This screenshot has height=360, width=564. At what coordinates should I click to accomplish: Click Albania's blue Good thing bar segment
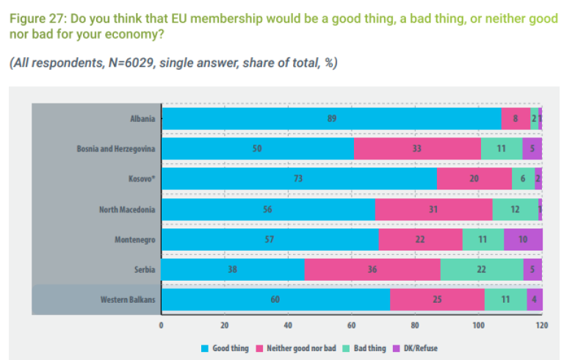pyautogui.click(x=330, y=118)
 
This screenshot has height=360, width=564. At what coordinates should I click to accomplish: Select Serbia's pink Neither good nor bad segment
pyautogui.click(x=372, y=270)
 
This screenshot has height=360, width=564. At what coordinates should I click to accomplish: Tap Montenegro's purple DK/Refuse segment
pyautogui.click(x=523, y=240)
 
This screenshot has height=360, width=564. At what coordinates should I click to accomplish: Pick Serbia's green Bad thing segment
pyautogui.click(x=482, y=270)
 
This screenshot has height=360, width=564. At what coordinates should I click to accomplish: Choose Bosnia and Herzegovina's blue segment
pyautogui.click(x=257, y=148)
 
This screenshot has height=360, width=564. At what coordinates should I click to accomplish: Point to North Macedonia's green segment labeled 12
pyautogui.click(x=515, y=209)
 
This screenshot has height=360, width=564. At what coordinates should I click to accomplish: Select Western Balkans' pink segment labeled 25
pyautogui.click(x=437, y=300)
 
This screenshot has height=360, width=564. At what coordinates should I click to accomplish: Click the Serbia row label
pyautogui.click(x=144, y=270)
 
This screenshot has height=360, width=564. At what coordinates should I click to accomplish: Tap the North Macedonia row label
pyautogui.click(x=127, y=209)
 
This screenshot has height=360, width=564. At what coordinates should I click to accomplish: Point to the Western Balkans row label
pyautogui.click(x=127, y=300)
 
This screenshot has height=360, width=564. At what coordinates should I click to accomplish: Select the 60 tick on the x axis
pyautogui.click(x=352, y=324)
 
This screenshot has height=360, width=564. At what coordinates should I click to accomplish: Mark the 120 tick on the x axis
pyautogui.click(x=542, y=324)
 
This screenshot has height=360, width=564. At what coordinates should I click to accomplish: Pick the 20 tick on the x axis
pyautogui.click(x=225, y=324)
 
